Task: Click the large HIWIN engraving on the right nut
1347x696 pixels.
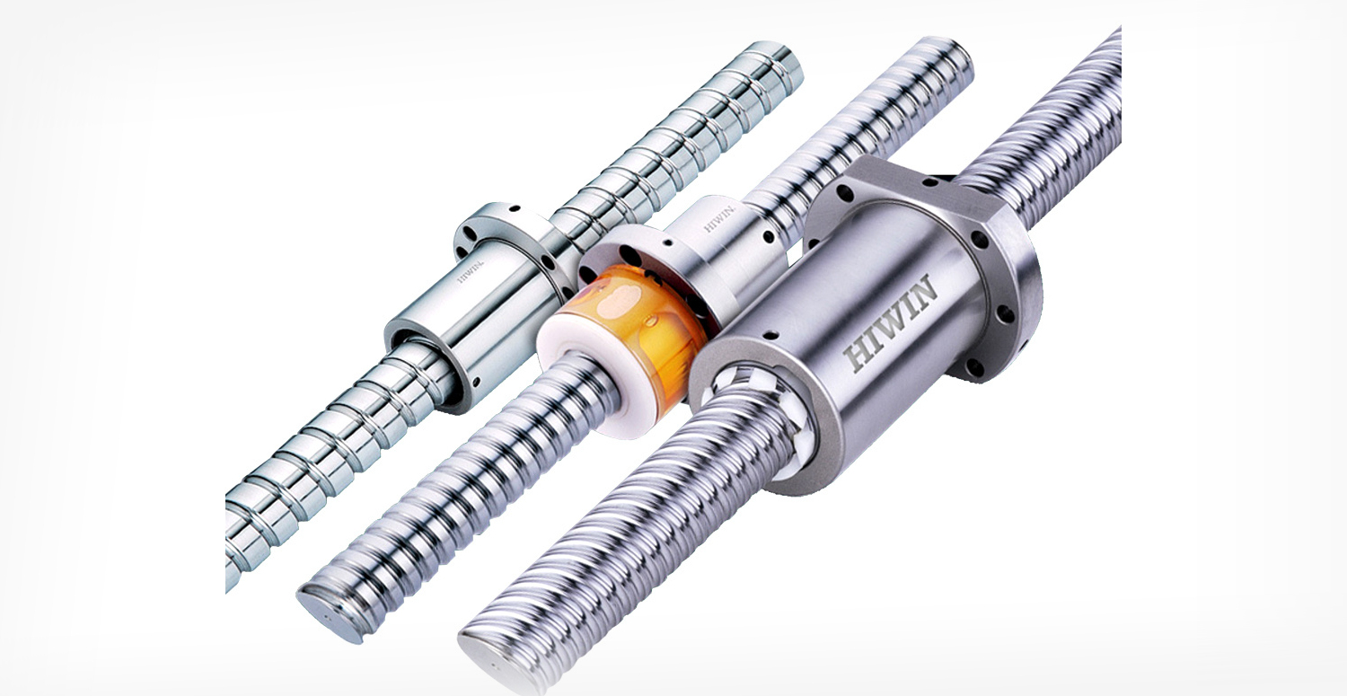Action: pyautogui.click(x=891, y=322)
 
